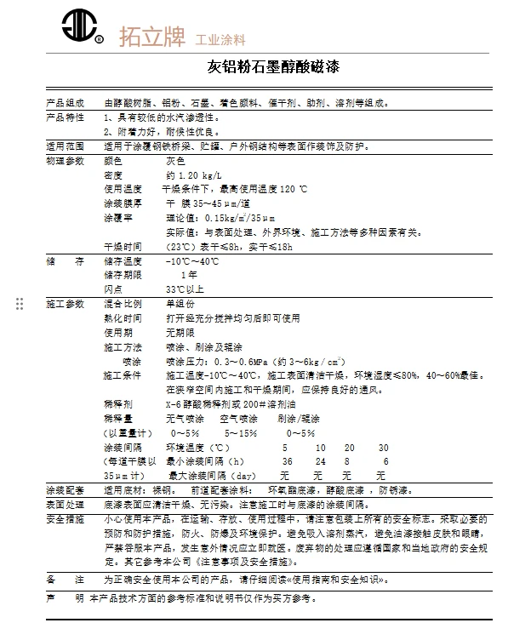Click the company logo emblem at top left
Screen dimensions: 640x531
[77, 27]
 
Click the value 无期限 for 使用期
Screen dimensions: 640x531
[180, 333]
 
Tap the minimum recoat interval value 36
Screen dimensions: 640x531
[287, 461]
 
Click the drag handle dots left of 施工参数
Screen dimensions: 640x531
[20, 304]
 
